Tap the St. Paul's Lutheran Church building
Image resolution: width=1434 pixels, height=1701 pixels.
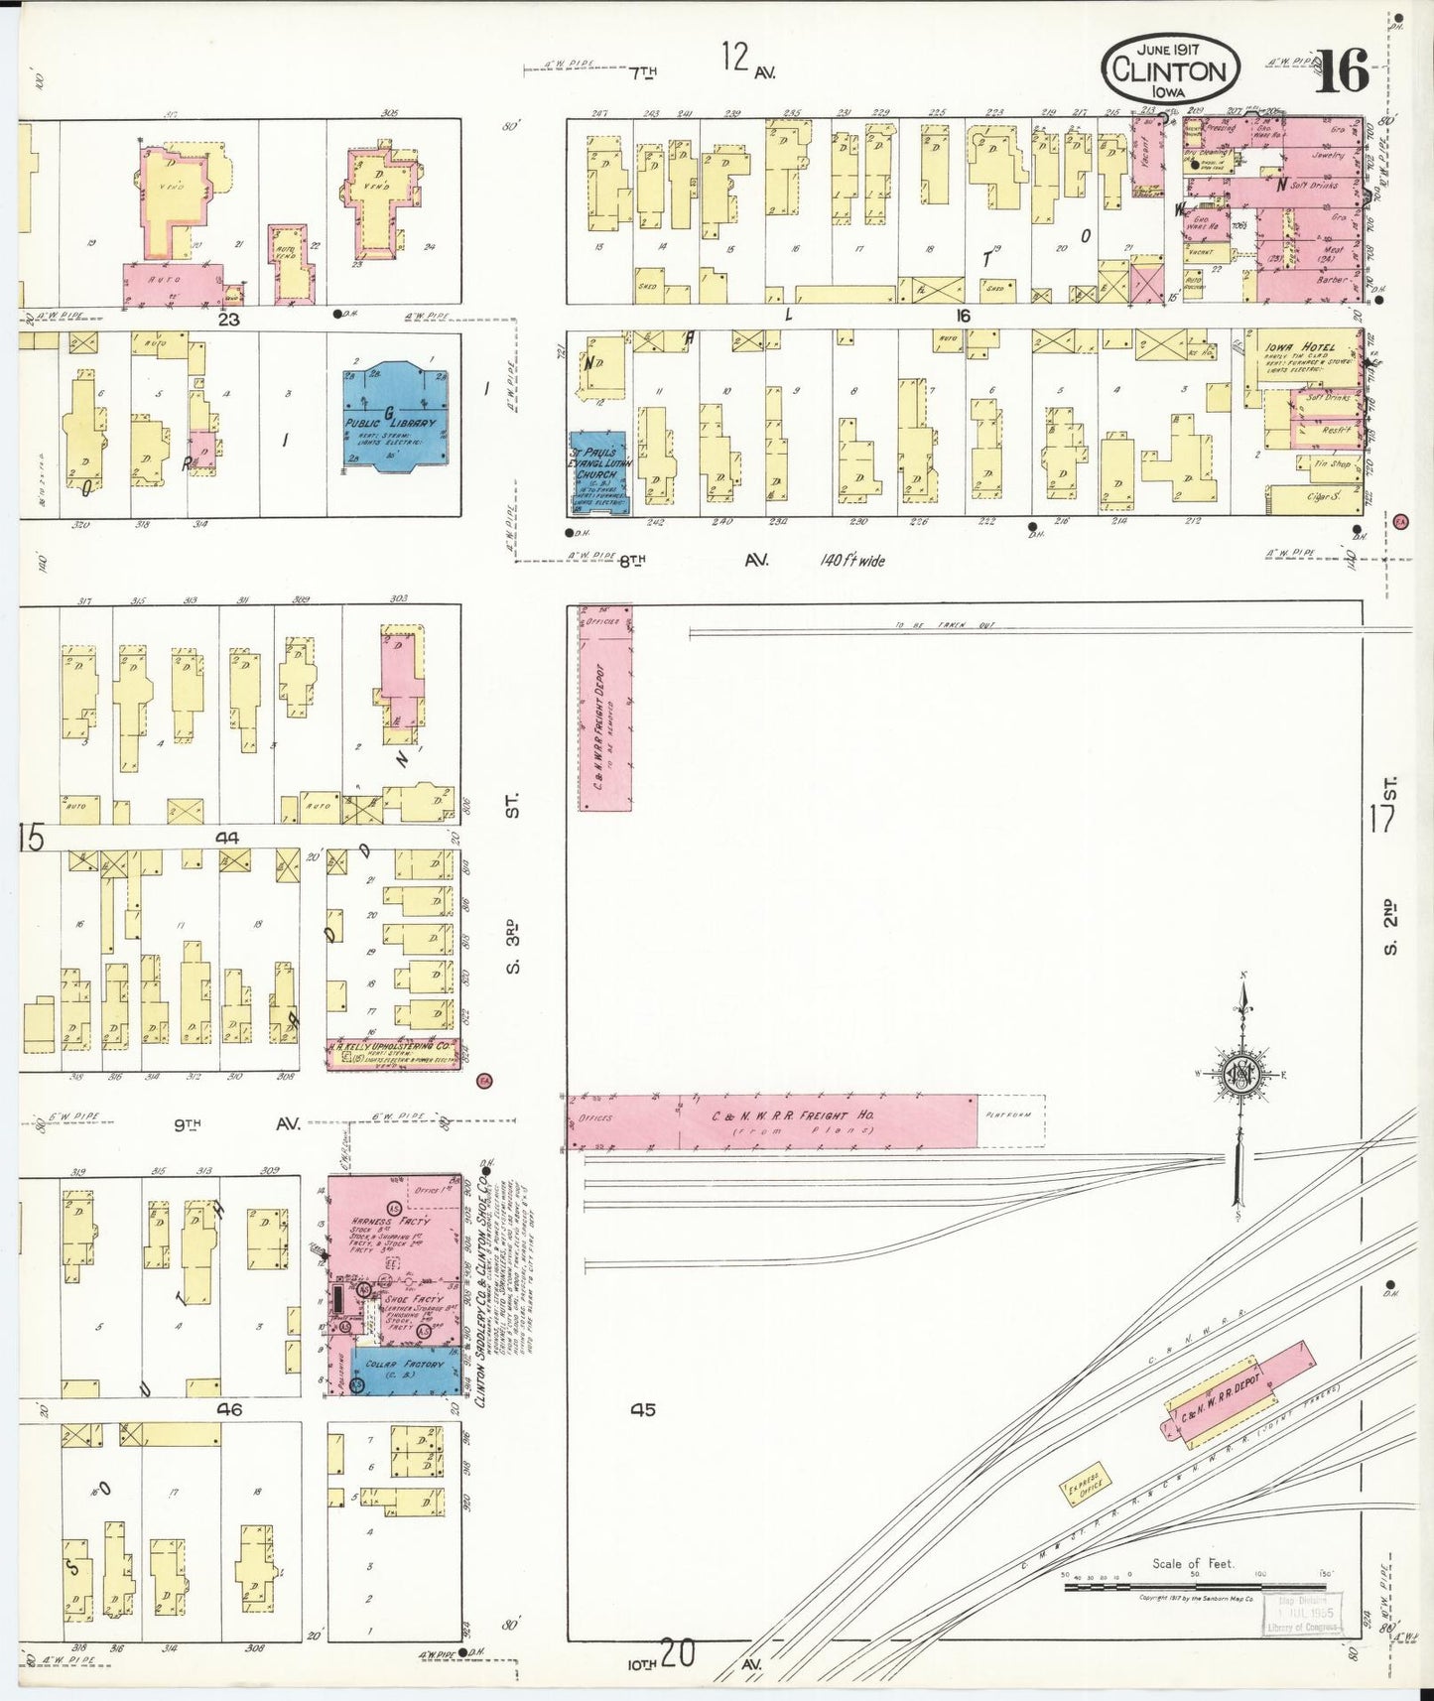[598, 473]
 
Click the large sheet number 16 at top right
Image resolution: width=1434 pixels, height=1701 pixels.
[1342, 71]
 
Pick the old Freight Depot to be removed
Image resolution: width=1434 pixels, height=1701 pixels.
[604, 709]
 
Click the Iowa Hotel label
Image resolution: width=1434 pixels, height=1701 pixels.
[1300, 348]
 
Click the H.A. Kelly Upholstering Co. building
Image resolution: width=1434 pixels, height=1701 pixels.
[393, 1053]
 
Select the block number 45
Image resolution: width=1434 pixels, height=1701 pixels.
[642, 1409]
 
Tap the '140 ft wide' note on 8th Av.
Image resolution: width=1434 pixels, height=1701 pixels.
[852, 561]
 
